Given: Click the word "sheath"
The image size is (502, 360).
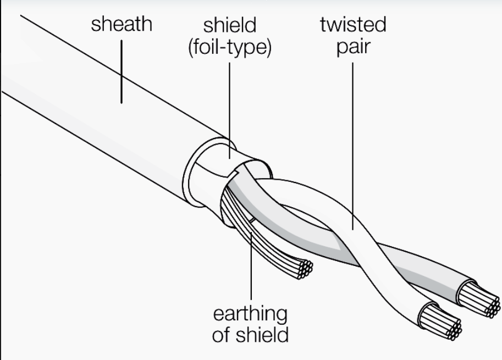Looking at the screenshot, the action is (122, 24).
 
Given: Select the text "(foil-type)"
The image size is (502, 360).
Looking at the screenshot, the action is (230, 47).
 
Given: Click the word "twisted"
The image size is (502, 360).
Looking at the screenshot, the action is (353, 24).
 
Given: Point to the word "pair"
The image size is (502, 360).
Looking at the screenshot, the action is (353, 47).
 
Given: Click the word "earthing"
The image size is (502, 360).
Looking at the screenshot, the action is (250, 314).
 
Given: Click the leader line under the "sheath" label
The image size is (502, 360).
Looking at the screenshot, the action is (122, 71).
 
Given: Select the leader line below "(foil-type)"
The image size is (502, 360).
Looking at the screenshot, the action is (229, 110).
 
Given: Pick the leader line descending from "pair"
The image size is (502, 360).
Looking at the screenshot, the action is (353, 146).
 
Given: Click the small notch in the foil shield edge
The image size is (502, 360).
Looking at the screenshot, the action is (234, 174).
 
